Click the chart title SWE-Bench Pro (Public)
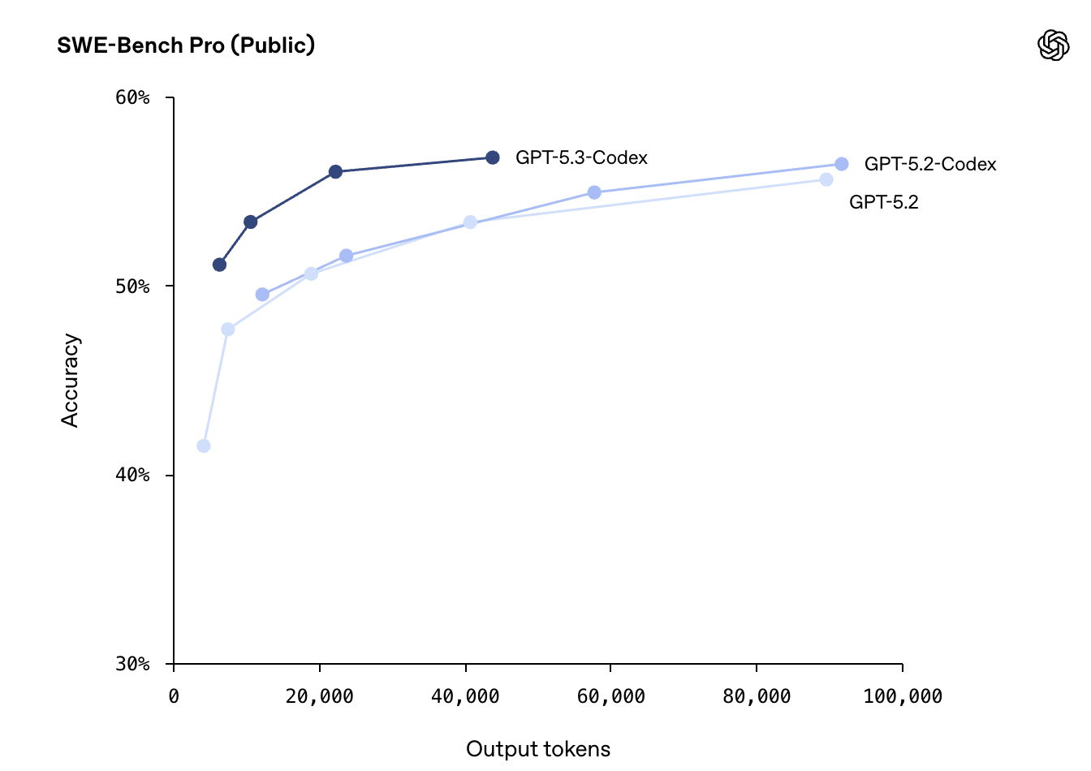click(x=186, y=45)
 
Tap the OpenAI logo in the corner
click(x=1053, y=45)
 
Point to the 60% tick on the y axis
click(x=133, y=98)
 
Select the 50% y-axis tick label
click(x=133, y=286)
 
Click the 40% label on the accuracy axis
click(x=133, y=475)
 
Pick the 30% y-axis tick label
click(x=133, y=664)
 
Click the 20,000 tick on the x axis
click(x=320, y=696)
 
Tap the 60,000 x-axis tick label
click(x=610, y=696)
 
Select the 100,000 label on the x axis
click(x=903, y=696)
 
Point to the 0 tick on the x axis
click(x=174, y=696)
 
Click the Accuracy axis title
click(x=71, y=380)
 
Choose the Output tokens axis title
click(x=538, y=749)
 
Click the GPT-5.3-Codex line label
click(x=581, y=157)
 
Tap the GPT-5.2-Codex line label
click(x=930, y=164)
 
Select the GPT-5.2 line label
click(x=884, y=202)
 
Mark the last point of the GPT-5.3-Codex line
click(x=493, y=157)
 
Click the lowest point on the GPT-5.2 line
click(x=204, y=446)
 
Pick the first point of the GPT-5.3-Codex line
click(x=219, y=265)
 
